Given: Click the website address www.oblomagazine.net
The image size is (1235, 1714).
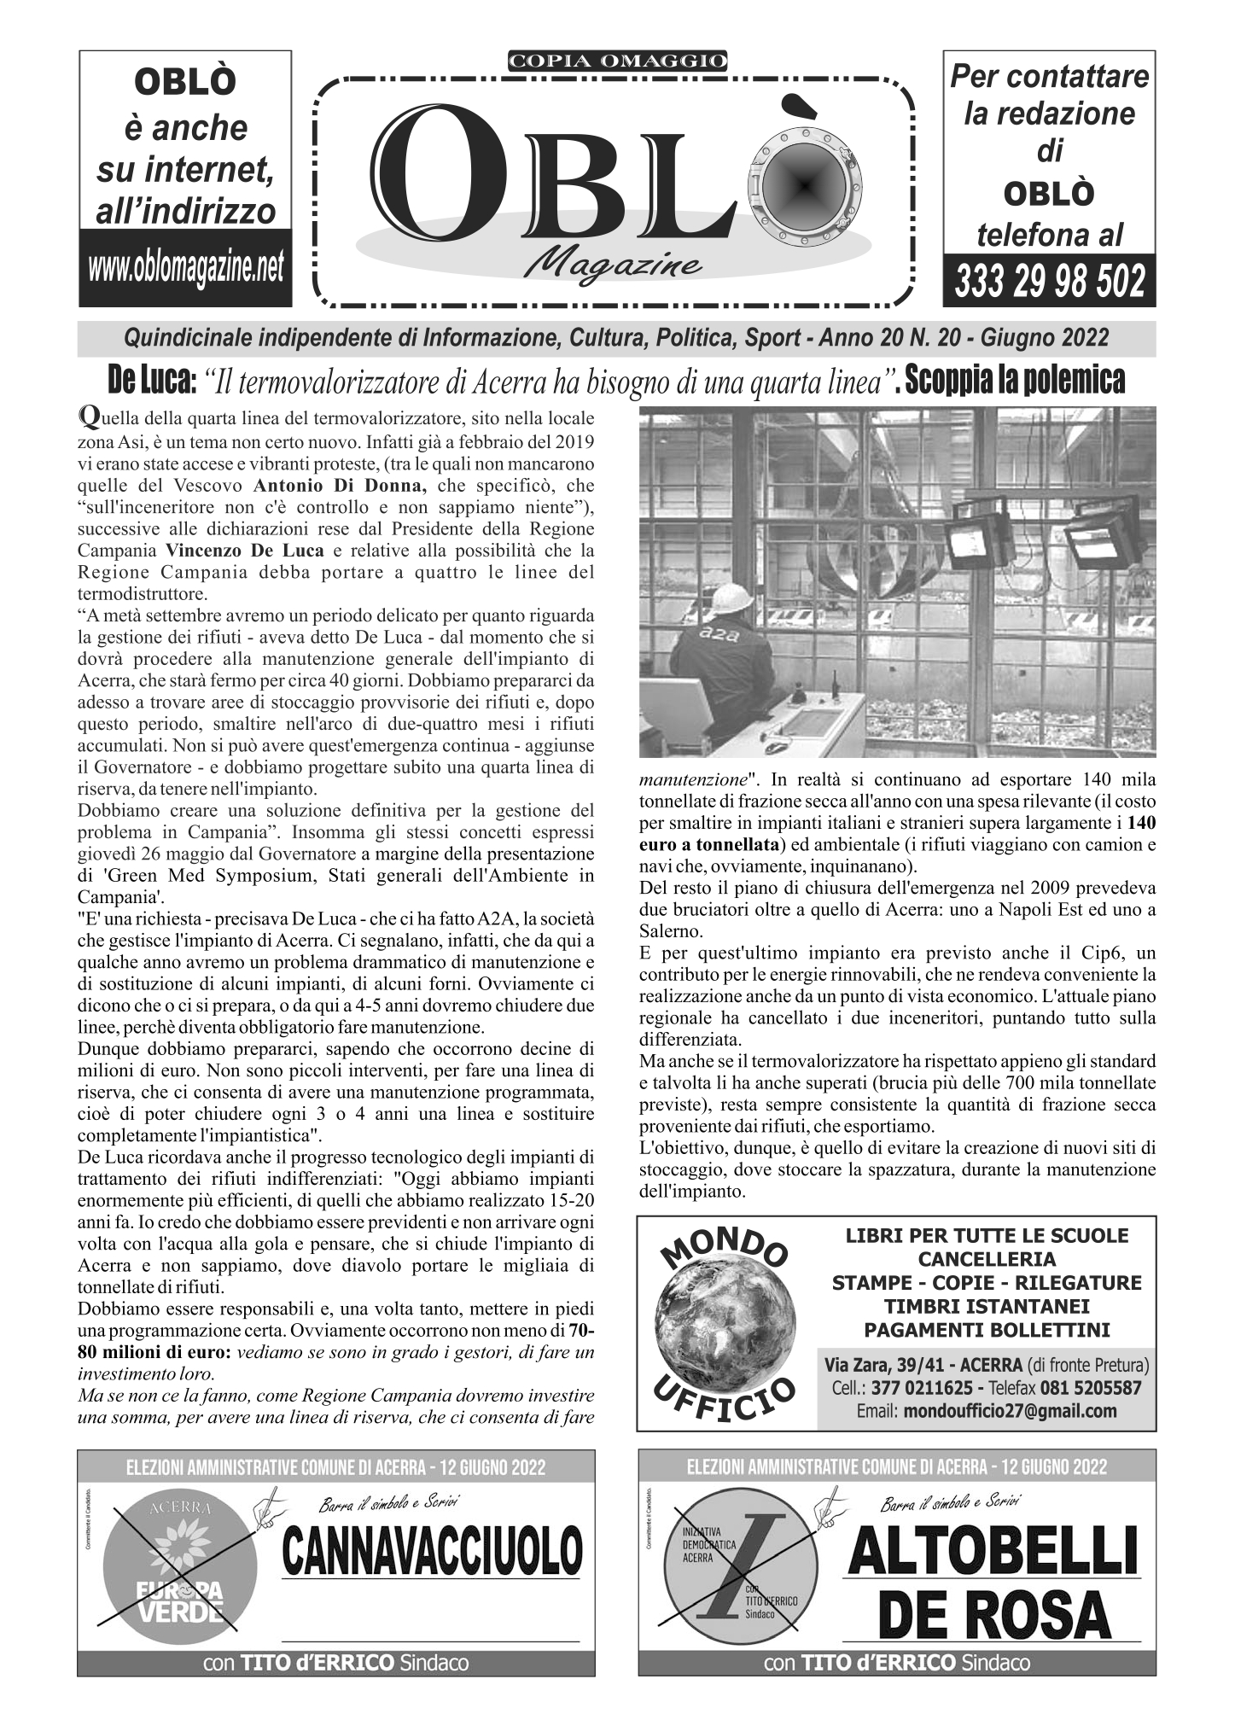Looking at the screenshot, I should click(185, 268).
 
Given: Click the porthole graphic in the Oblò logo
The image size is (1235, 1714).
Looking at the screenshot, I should click(803, 183).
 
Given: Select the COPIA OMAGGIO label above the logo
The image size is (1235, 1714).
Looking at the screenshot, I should click(617, 61).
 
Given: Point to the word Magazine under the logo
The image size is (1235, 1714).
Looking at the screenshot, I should click(614, 265).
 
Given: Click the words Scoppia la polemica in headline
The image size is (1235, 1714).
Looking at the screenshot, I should click(1015, 382).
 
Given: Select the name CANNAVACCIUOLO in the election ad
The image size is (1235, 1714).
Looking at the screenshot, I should click(433, 1552).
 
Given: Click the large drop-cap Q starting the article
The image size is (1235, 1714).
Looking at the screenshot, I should click(86, 417).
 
